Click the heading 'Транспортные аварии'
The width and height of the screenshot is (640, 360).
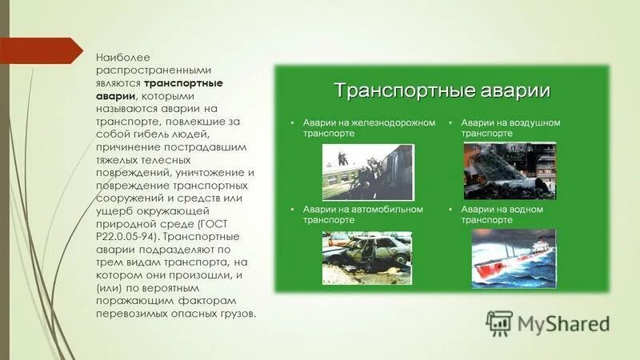442,90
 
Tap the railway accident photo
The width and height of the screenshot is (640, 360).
368,171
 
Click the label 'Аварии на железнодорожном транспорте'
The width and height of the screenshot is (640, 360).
368,129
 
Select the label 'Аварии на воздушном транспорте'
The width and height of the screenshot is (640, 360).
510,129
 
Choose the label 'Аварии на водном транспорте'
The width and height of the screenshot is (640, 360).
502,214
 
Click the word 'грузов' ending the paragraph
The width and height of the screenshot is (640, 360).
238,314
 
